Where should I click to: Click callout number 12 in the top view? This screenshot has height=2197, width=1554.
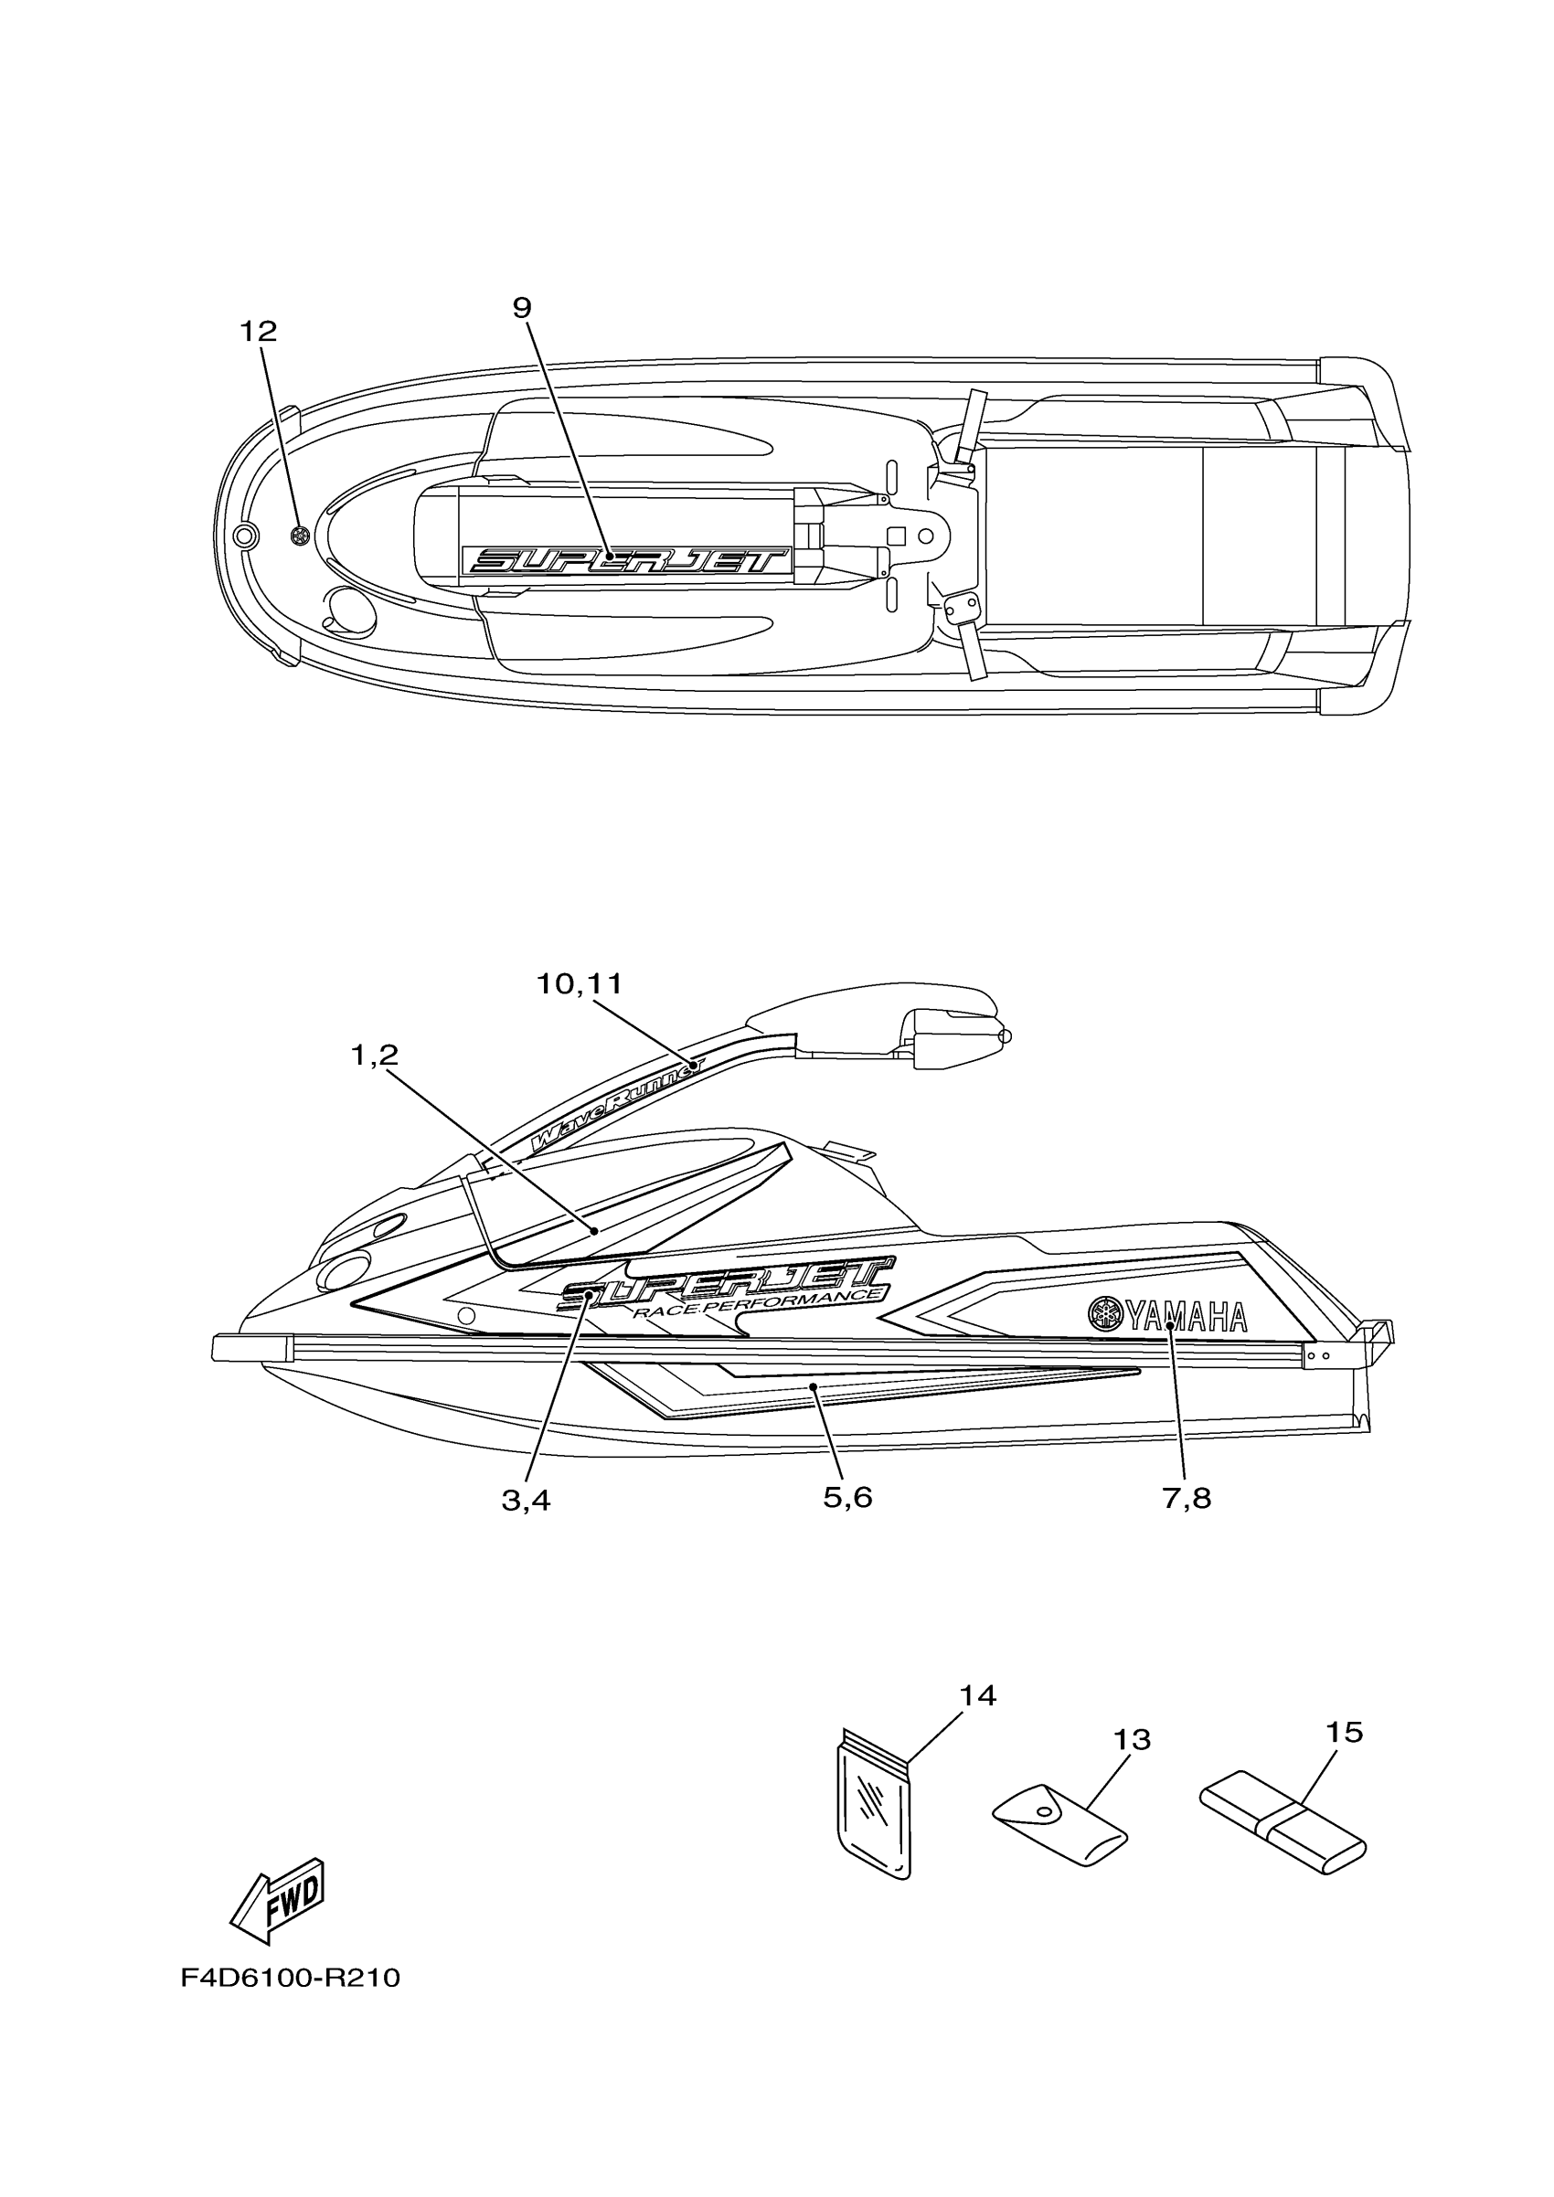[x=258, y=331]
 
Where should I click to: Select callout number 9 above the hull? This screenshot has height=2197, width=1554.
[x=522, y=308]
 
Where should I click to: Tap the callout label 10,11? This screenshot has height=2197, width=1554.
[x=579, y=983]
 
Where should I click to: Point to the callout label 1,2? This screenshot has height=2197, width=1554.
[x=374, y=1056]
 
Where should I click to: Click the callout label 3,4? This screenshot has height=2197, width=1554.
[x=526, y=1501]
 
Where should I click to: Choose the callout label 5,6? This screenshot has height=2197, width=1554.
[x=847, y=1497]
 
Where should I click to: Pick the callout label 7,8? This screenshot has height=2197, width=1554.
[x=1187, y=1499]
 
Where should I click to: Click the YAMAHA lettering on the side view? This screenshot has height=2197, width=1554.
[x=1187, y=1318]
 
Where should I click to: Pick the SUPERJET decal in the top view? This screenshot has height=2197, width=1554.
[x=627, y=560]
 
